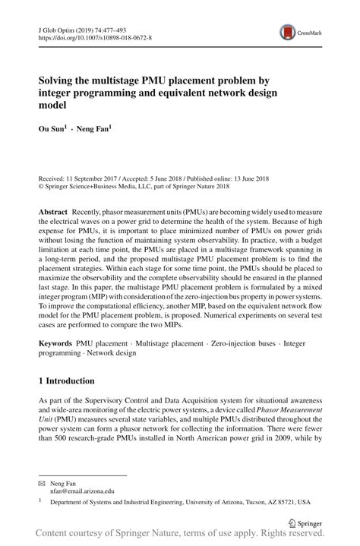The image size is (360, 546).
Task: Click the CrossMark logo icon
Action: pos(286,31)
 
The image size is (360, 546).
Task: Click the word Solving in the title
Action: pos(60,79)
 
